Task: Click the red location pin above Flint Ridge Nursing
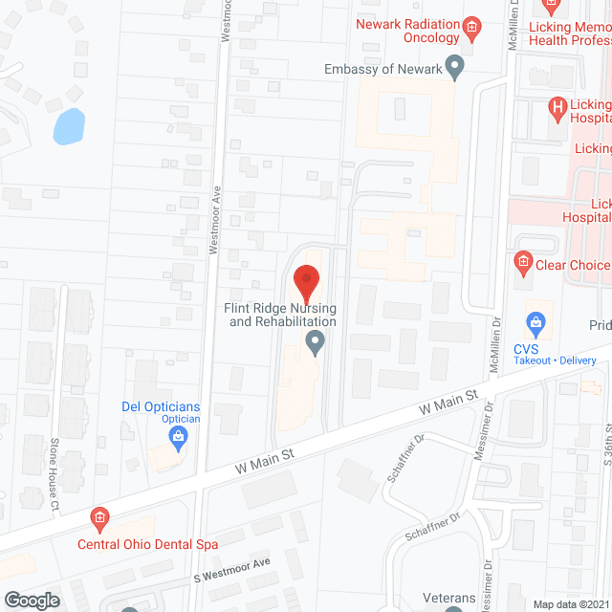(306, 281)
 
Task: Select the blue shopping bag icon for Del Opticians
(177, 438)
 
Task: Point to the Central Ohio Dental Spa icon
(99, 519)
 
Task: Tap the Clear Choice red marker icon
(522, 259)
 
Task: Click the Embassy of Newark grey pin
(456, 67)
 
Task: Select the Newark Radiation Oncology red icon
(470, 26)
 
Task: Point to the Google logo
(32, 600)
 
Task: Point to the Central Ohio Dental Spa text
(147, 544)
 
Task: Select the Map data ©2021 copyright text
(570, 603)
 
